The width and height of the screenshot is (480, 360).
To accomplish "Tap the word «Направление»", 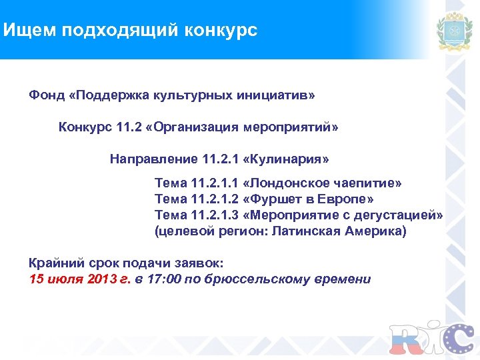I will [x=153, y=159].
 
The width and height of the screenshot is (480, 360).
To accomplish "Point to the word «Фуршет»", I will [x=273, y=199].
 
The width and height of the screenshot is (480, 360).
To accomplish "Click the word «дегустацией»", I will [x=400, y=215].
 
